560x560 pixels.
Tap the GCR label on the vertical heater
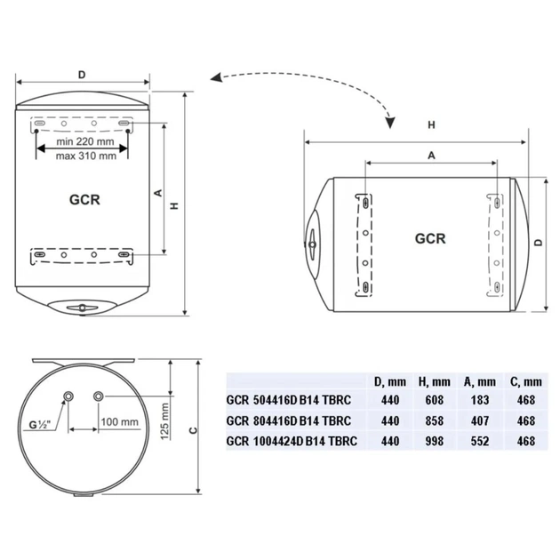tap(84, 199)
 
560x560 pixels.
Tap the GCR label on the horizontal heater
tap(430, 238)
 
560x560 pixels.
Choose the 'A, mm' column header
tap(480, 382)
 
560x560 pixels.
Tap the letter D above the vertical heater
tap(82, 74)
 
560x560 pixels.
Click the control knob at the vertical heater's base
tap(82, 308)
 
